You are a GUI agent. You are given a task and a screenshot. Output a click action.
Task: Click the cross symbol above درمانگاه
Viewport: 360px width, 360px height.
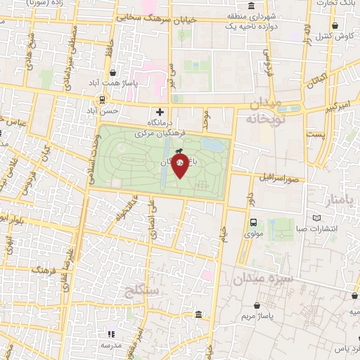coord(160,112)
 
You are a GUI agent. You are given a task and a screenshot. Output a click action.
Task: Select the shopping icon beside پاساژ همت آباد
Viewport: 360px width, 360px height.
coord(114,73)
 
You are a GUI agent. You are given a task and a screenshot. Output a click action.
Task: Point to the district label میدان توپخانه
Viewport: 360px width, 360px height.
coord(263,112)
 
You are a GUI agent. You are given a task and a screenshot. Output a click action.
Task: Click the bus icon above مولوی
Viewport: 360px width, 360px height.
coord(252,223)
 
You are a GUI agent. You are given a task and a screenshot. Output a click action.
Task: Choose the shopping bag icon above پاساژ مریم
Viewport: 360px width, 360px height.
coord(259,307)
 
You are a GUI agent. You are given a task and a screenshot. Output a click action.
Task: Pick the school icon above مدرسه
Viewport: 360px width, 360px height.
coord(110,334)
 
